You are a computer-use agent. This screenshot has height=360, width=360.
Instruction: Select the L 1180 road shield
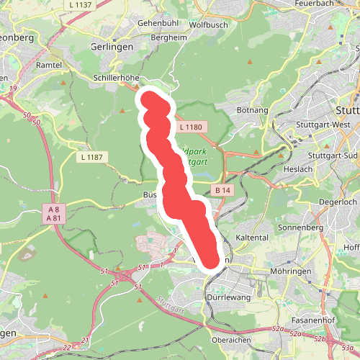tap(191, 127)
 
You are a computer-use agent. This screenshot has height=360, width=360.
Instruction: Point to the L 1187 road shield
tap(92, 156)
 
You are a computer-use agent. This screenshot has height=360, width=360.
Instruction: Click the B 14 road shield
tap(222, 190)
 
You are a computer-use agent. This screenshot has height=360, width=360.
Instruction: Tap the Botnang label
tap(253, 110)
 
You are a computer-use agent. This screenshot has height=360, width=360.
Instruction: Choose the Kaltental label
tap(252, 237)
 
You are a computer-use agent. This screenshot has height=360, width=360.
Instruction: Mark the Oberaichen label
tap(230, 340)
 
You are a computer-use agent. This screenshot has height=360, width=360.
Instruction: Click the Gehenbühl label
tap(157, 23)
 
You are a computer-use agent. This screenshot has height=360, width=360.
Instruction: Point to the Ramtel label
tap(50, 64)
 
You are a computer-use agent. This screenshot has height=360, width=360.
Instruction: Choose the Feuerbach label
tap(315, 3)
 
